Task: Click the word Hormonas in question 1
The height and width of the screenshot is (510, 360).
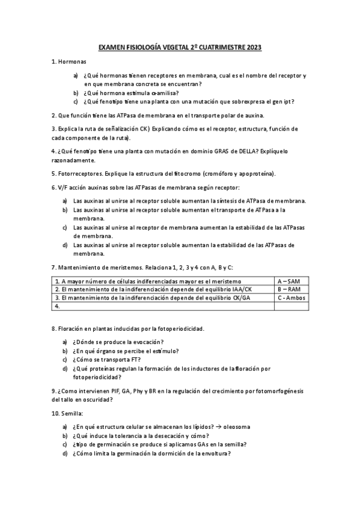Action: coord(73,62)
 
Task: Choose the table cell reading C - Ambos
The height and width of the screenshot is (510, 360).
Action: coord(291,297)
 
